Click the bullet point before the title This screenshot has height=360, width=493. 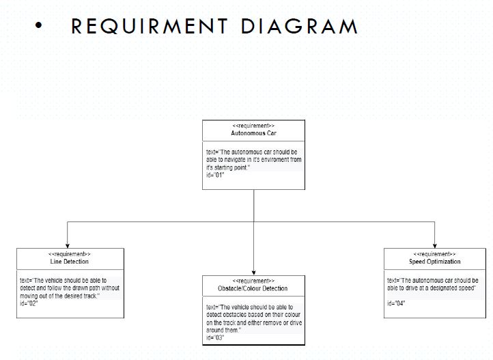click(x=38, y=27)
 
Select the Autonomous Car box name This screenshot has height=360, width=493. click(x=253, y=133)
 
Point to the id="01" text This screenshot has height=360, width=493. click(x=216, y=175)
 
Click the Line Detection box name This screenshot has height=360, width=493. click(x=70, y=262)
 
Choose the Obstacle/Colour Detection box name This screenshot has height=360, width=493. click(x=253, y=288)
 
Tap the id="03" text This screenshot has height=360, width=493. click(x=216, y=337)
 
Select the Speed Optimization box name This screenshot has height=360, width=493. click(x=435, y=262)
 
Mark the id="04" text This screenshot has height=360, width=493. click(x=396, y=303)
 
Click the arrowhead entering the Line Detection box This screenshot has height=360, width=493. click(x=68, y=245)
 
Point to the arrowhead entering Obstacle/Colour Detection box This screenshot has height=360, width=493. click(x=253, y=273)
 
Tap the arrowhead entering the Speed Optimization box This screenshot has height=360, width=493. click(x=435, y=245)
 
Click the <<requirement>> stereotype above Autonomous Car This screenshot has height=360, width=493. click(x=253, y=126)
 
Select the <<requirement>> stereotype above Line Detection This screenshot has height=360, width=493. click(x=70, y=254)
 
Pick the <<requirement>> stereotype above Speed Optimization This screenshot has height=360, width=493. click(x=435, y=254)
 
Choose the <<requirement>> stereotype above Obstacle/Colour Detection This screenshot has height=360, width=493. click(x=253, y=281)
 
